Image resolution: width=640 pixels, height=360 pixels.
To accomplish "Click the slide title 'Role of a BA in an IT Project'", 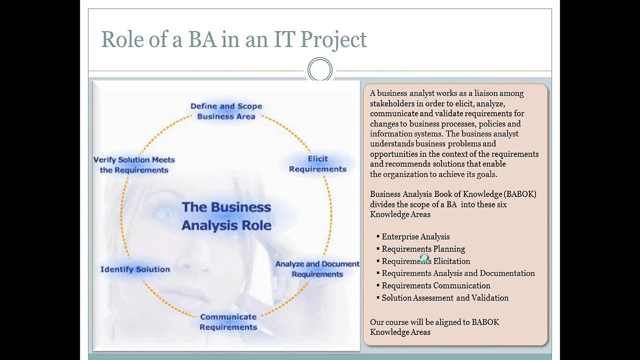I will [234, 39].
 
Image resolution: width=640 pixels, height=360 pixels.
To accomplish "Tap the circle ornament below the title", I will [320, 69].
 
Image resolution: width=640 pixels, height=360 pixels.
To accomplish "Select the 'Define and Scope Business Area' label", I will [226, 111].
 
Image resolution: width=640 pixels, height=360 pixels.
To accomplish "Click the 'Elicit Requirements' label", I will [317, 164].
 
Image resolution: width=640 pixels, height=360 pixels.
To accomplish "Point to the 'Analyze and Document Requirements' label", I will [317, 269].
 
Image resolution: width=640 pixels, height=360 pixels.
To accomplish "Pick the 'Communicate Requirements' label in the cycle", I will [228, 322].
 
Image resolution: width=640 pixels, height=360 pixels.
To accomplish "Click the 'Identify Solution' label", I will [135, 269].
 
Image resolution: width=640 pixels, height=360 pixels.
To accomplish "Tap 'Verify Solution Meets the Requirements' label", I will [134, 165].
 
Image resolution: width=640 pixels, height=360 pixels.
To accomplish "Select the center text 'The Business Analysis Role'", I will [226, 216].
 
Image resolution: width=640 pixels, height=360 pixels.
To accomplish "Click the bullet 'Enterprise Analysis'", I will [415, 237].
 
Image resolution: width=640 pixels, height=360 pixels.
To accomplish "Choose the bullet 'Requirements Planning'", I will [423, 249].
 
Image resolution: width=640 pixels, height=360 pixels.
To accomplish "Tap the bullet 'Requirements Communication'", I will [435, 285].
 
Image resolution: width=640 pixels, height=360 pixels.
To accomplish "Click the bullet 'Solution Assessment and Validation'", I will [445, 298].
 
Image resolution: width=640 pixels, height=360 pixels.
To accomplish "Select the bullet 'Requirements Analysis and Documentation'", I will [458, 273].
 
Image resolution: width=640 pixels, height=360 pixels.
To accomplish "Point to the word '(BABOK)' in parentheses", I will [520, 194].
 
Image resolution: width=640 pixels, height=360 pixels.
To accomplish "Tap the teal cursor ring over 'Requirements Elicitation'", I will [424, 258].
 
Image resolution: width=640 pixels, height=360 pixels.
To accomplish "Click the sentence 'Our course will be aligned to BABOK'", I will [434, 322].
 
